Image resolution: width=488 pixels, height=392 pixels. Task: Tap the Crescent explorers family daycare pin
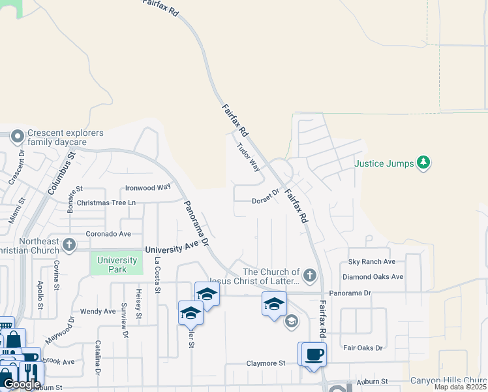(18, 137)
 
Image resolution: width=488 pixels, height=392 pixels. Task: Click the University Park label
(117, 265)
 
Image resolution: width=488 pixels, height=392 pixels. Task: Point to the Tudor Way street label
(249, 157)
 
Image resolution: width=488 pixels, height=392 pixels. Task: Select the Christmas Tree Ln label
(106, 203)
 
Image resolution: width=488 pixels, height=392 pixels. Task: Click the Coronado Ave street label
(109, 234)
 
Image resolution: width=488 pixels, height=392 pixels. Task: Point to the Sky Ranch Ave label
(373, 261)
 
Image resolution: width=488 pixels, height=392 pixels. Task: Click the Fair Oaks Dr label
(363, 348)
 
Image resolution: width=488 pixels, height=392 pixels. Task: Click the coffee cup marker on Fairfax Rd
(313, 354)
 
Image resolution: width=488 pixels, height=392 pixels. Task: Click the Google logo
(22, 384)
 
